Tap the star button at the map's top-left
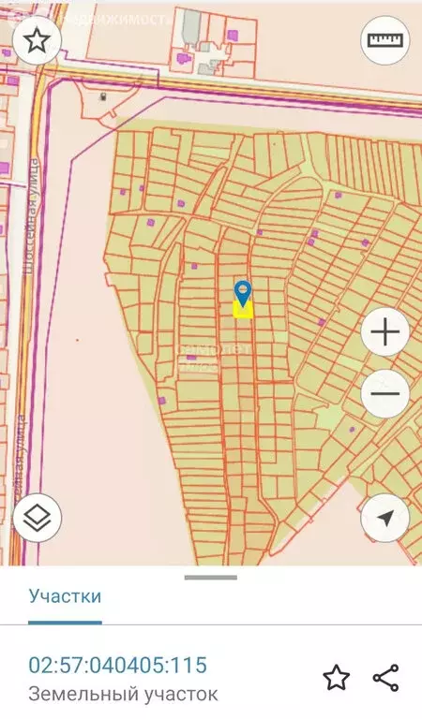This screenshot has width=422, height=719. tap(38, 40)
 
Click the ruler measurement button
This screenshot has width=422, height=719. tap(384, 40)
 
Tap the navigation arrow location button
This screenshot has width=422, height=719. tap(384, 518)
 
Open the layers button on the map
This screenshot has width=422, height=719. tap(37, 516)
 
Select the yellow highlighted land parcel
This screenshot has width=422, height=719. tap(243, 310)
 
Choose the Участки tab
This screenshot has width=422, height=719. tap(65, 595)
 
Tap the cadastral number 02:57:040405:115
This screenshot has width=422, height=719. tap(117, 666)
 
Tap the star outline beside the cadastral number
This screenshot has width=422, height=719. tap(335, 677)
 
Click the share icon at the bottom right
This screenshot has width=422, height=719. tap(385, 677)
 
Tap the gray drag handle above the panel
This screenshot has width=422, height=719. tap(211, 577)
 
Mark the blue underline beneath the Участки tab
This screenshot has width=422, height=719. tap(65, 622)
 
